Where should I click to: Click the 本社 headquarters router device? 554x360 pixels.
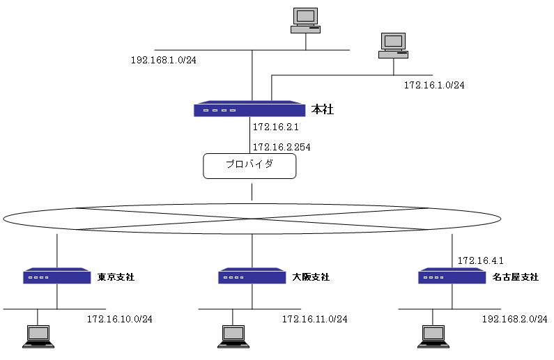[249, 109]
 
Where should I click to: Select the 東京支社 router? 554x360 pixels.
[57, 276]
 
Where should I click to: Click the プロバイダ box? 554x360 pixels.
[249, 166]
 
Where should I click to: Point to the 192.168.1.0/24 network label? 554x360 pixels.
[164, 60]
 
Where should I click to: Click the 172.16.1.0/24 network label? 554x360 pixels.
[434, 85]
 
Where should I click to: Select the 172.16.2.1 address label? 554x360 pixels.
[275, 127]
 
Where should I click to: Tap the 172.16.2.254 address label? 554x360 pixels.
[281, 147]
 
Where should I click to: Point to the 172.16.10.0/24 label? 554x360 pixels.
[119, 319]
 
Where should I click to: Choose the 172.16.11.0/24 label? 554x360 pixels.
[314, 319]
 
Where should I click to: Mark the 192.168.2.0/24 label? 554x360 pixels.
[515, 319]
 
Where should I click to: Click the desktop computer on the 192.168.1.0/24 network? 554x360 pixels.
[305, 19]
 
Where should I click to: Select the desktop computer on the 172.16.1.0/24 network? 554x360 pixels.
[393, 45]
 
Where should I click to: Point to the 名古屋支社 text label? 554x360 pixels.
[515, 277]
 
